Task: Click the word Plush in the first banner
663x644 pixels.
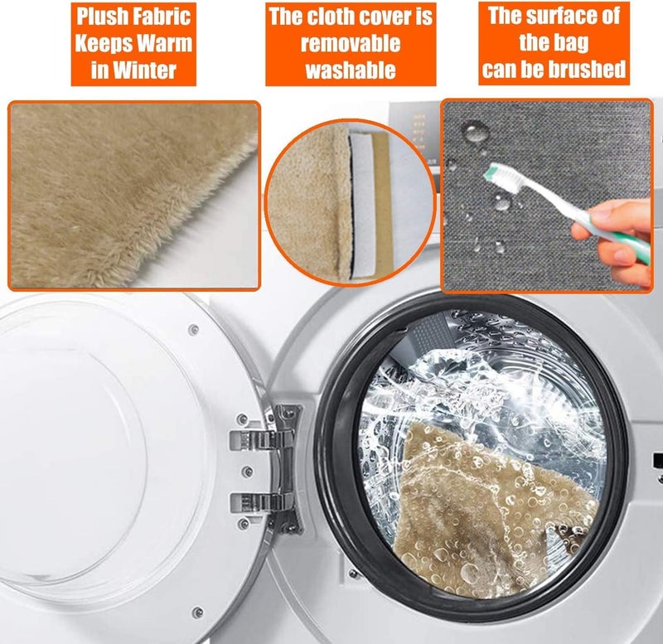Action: tap(102, 17)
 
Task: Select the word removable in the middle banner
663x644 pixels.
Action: tap(351, 44)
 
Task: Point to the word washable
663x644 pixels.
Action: tap(351, 70)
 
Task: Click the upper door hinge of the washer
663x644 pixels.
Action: tap(262, 440)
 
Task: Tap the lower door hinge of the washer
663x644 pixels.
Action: tap(262, 503)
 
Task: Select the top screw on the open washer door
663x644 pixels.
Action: tap(194, 329)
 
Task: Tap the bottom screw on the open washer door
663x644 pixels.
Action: tap(197, 612)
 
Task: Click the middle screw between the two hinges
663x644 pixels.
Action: tap(249, 472)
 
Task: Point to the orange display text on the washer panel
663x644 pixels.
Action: tap(419, 131)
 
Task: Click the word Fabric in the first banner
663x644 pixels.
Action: tap(162, 17)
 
